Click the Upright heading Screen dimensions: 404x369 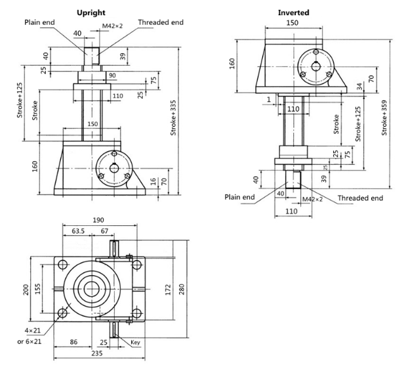click(91, 12)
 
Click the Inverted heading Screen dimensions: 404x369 click(293, 12)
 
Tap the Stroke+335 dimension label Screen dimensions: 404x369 click(173, 118)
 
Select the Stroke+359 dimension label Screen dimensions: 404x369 click(384, 118)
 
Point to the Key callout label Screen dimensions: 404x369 click(136, 342)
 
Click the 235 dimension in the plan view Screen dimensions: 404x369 click(97, 353)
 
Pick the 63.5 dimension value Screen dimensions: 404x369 click(78, 230)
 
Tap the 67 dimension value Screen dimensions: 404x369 click(104, 230)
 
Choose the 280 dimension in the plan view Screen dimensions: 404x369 click(182, 290)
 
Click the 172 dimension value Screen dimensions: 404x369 click(168, 290)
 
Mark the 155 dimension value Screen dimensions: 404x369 click(37, 289)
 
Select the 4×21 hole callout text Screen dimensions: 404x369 click(33, 330)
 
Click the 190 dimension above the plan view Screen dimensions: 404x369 click(98, 220)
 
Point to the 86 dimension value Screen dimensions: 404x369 click(73, 342)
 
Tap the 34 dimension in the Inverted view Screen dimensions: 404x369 click(360, 87)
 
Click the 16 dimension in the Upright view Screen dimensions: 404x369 click(153, 181)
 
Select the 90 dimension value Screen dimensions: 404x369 click(112, 76)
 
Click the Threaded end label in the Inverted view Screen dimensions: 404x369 click(360, 198)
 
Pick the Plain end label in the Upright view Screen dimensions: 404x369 click(39, 22)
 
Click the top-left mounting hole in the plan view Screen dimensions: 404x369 click(62, 265)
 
